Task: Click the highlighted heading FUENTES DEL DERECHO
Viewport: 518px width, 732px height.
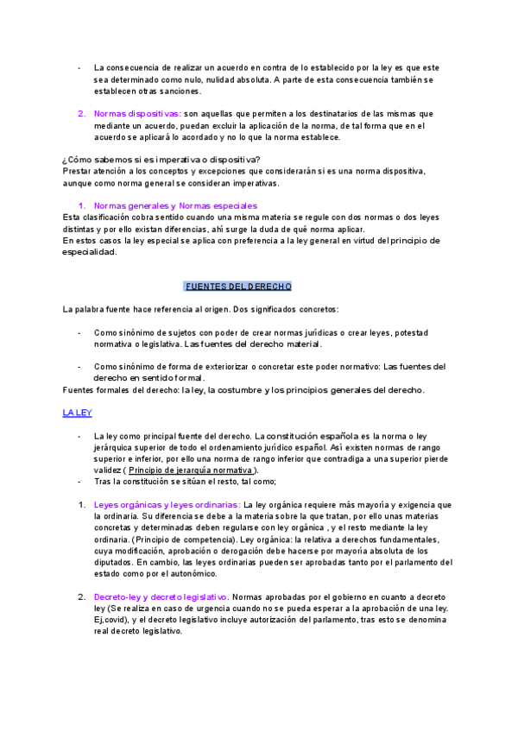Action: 238,286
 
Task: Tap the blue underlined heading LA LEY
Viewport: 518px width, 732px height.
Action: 78,413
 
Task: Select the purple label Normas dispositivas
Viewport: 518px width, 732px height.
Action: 137,114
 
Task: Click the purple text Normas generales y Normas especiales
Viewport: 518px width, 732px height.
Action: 175,205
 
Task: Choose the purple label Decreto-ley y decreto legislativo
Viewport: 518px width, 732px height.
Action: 161,572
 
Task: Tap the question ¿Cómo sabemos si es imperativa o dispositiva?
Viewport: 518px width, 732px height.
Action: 161,159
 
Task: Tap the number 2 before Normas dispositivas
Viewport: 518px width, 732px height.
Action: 80,114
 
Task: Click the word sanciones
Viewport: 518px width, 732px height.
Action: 180,91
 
